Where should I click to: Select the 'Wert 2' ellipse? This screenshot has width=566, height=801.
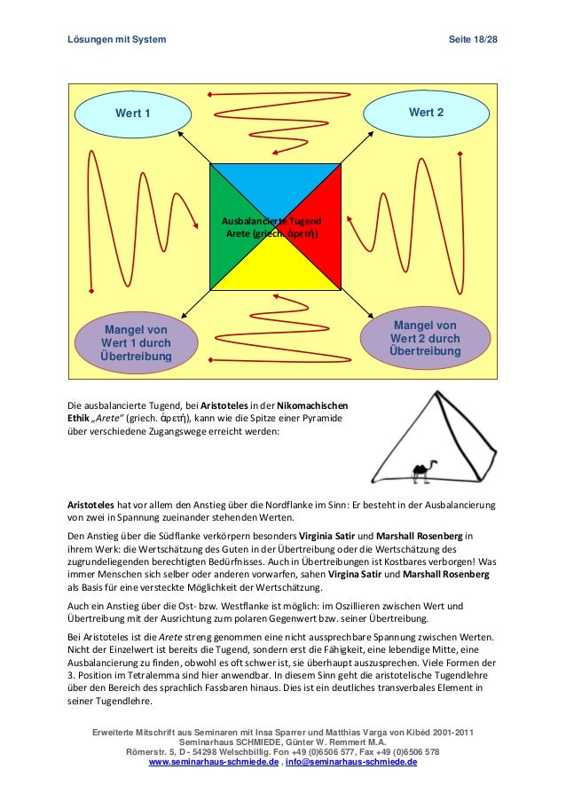[x=426, y=113]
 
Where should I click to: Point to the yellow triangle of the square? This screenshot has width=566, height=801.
[x=275, y=270]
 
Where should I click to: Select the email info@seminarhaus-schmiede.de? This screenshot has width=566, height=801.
[x=350, y=762]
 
